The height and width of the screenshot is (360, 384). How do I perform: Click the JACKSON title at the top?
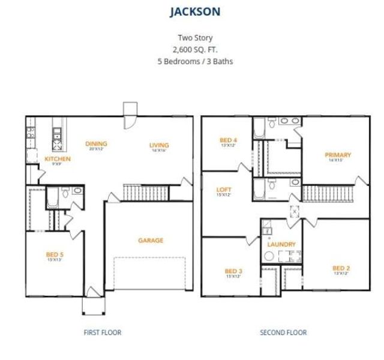tap(192, 11)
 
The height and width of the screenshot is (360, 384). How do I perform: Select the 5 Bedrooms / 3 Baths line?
tap(192, 61)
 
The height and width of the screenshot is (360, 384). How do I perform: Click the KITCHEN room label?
tap(58, 159)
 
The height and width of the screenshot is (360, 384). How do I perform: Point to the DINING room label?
tap(96, 143)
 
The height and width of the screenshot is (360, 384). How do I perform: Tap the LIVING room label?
tap(159, 145)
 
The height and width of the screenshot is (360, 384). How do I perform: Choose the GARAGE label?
tap(151, 241)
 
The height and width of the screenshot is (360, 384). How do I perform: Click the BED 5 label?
tap(55, 254)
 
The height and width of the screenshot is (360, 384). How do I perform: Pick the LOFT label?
tap(223, 190)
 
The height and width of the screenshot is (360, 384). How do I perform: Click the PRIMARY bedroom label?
tap(338, 155)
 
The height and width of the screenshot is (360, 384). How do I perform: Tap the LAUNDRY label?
tap(281, 244)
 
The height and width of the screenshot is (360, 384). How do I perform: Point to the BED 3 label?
tap(233, 271)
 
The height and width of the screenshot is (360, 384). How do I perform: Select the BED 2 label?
tap(341, 268)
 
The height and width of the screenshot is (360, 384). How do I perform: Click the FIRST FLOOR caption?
tap(101, 332)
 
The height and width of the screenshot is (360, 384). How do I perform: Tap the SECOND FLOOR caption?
tap(283, 332)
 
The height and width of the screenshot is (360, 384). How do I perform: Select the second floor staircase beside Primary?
tap(317, 193)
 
